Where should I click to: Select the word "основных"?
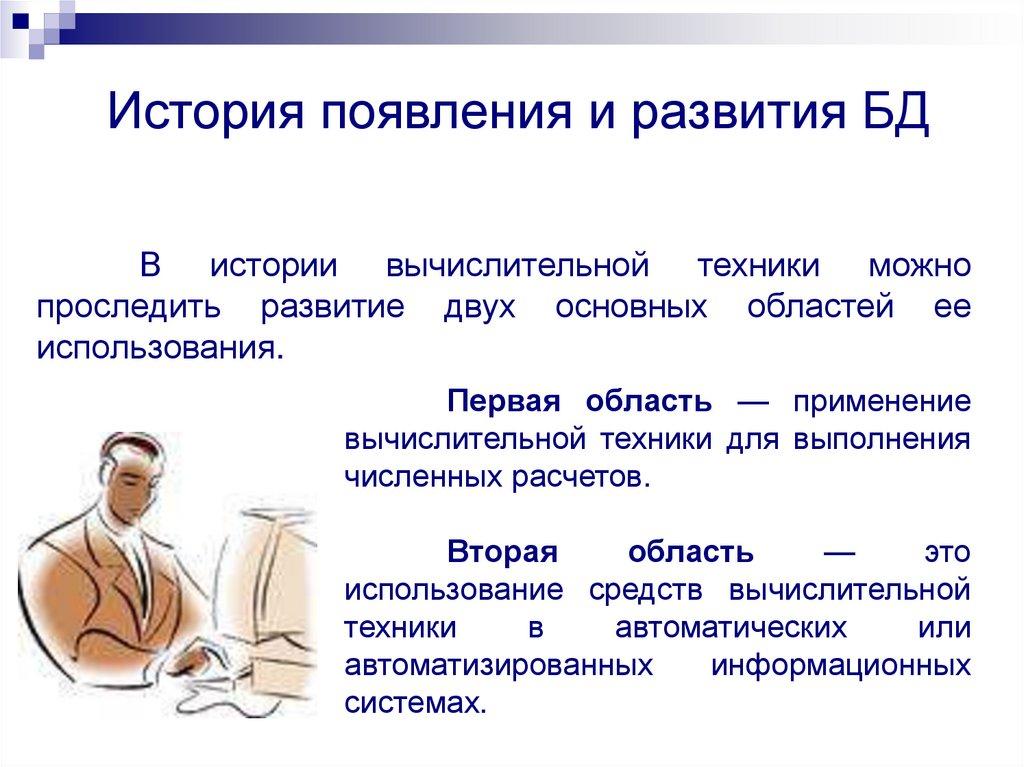point(630,308)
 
